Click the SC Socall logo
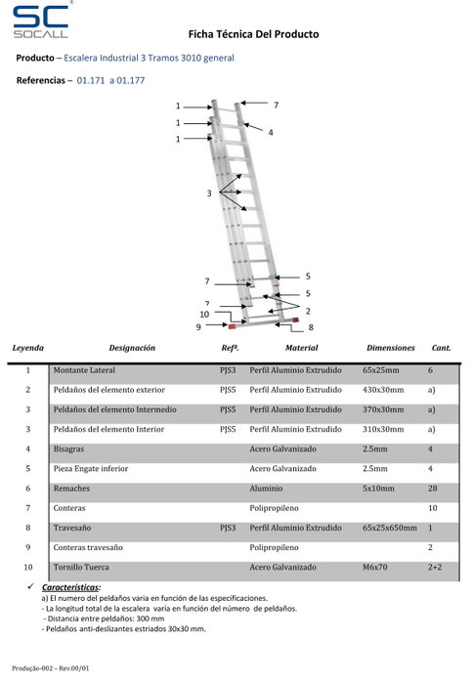coord(41,21)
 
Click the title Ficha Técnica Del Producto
coord(253,34)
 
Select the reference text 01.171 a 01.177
coord(110,80)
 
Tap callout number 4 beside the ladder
coord(271,133)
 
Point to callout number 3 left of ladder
coord(209,192)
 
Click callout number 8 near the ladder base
coord(311,327)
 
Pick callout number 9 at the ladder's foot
coord(198,326)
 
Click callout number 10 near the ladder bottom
coord(204,315)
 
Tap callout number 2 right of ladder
coord(308,311)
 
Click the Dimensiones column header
coord(391,348)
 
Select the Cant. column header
coord(441,348)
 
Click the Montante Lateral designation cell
coord(84,370)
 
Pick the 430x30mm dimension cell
coord(383,390)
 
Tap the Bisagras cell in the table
coord(68,449)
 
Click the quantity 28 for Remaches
coord(432,489)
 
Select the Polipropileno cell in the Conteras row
coord(274,508)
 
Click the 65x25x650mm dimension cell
coord(390,528)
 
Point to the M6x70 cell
coord(375,567)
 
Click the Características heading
coord(71,587)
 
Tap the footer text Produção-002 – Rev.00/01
coord(50,668)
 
